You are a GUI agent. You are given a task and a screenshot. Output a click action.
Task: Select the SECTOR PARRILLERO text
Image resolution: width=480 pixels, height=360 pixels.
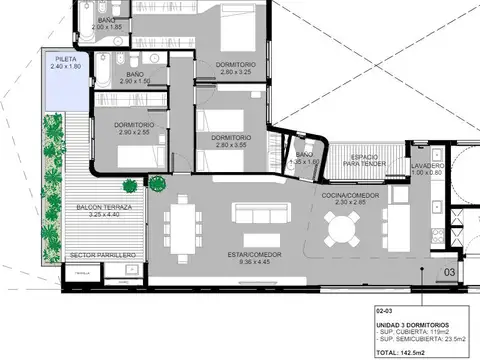[x=103, y=255]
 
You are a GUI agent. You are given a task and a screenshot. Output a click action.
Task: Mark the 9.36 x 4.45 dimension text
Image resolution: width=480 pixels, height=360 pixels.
[x=243, y=263]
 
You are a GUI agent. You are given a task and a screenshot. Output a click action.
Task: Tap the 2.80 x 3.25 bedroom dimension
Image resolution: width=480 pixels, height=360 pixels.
[x=236, y=72]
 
